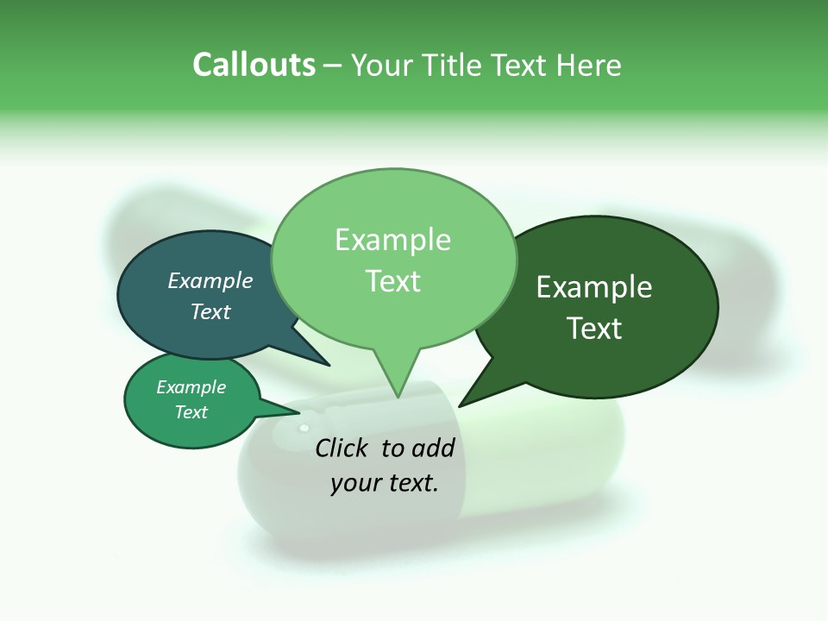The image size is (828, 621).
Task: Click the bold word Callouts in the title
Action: coord(254,65)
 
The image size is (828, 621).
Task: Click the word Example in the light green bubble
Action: coord(392,240)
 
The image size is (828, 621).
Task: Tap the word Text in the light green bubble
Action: coord(392,281)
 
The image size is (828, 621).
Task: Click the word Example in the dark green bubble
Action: coord(594,287)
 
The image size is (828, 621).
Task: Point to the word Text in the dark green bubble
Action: coord(594,329)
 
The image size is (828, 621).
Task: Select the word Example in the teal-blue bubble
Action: coord(210,280)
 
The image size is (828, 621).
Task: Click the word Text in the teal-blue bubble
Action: coord(210,311)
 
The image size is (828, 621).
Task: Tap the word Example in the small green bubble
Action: coord(191,387)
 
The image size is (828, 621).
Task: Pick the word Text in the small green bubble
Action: coord(191,412)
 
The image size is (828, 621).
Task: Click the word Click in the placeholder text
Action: coord(343,448)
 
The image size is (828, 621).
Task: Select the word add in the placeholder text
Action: coord(433,448)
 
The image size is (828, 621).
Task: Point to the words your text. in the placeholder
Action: coord(385,483)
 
